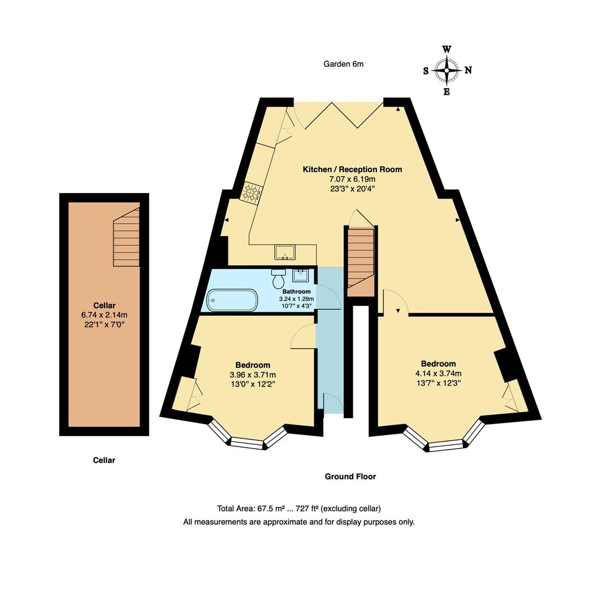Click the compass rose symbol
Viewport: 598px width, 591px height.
(x=447, y=70)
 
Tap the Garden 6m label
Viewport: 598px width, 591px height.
(x=343, y=64)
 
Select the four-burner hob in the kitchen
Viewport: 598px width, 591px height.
(x=252, y=192)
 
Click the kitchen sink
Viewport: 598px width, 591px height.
(x=285, y=252)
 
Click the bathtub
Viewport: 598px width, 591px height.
(x=232, y=300)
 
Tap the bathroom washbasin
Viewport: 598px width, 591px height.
(x=300, y=275)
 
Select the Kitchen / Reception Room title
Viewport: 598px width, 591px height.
(x=352, y=170)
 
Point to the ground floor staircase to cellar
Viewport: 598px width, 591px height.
(x=360, y=260)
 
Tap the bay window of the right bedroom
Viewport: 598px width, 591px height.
(x=445, y=439)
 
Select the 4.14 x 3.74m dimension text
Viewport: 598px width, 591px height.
(x=438, y=374)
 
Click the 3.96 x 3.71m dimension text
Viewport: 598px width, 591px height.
(x=252, y=375)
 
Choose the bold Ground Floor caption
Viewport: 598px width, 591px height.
(x=350, y=477)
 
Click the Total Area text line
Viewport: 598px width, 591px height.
(x=298, y=508)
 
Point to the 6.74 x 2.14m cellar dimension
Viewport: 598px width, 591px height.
(x=104, y=315)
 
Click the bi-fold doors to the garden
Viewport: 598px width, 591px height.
(x=343, y=115)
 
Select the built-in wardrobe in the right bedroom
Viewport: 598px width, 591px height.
(x=514, y=397)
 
